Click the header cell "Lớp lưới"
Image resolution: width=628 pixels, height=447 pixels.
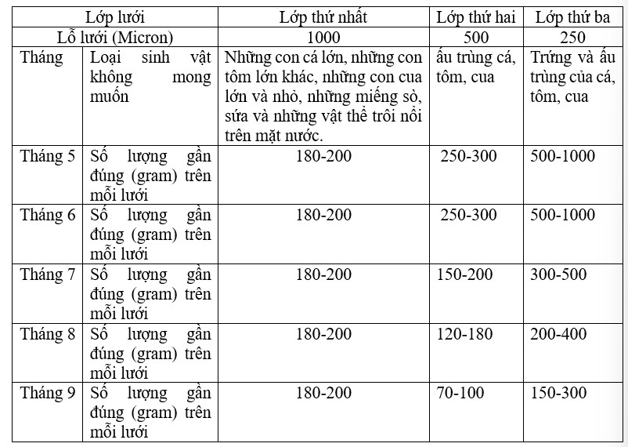pos(115,16)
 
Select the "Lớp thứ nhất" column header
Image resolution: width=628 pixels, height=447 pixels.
pos(323,16)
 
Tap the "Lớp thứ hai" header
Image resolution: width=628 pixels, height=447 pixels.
pos(476,16)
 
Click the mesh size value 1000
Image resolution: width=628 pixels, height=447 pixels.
pos(323,37)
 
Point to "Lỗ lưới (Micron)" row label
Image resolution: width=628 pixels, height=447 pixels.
pos(115,37)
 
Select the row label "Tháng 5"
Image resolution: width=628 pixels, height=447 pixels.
pos(48,156)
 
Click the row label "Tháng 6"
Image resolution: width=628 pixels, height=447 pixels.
pos(48,216)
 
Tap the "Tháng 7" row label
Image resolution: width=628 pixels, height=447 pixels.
pos(48,275)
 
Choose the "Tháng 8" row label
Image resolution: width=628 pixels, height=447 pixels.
pos(48,335)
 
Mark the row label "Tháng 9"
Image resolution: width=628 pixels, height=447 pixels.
pos(48,394)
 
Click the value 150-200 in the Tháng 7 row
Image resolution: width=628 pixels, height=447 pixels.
pos(467,275)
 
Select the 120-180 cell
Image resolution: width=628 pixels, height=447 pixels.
pos(467,335)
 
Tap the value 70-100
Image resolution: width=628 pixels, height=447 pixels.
pos(461,394)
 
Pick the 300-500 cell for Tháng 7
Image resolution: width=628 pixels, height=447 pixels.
pos(558,275)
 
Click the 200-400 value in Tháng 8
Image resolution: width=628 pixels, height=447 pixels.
pos(558,335)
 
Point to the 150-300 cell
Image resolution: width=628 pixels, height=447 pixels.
pos(558,394)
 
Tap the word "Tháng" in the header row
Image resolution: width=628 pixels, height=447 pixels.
pos(42,58)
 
